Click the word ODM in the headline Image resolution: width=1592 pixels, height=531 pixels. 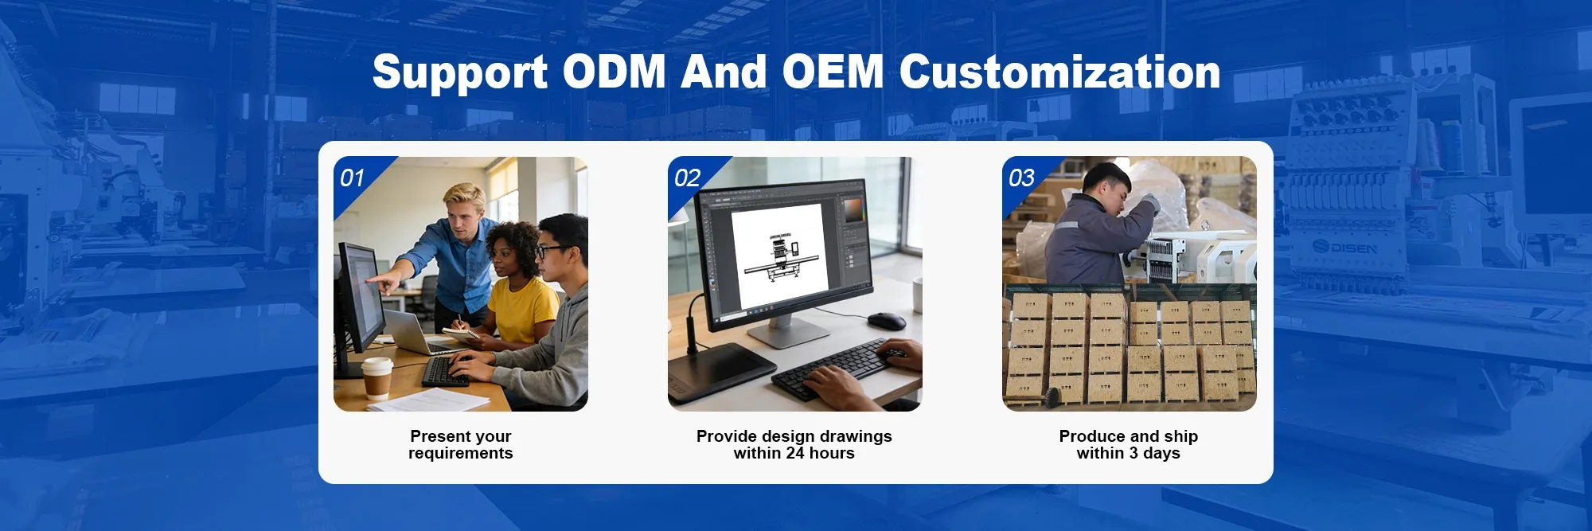[x=615, y=72]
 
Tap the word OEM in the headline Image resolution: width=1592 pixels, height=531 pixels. [x=833, y=72]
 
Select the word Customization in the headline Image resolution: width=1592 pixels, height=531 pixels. [x=1059, y=72]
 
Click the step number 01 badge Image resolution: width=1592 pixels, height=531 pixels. [x=352, y=178]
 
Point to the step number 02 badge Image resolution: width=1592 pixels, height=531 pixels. [x=687, y=178]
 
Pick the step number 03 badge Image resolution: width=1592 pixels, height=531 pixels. [x=1021, y=178]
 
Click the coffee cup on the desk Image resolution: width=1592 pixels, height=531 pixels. [x=377, y=378]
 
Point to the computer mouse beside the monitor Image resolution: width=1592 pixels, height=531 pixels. [x=886, y=321]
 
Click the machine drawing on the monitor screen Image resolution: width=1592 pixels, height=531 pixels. [x=782, y=257]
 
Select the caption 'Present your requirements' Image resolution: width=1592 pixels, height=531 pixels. [x=461, y=444]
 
